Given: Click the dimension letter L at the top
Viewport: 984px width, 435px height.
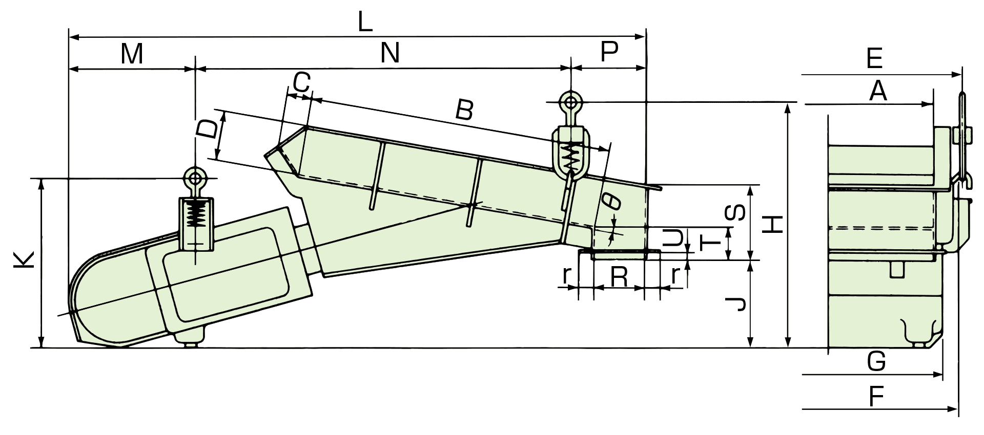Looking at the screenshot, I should click(364, 23).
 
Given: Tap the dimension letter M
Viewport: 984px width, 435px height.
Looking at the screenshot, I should click(132, 54).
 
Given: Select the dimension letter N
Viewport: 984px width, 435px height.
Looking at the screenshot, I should click(390, 53).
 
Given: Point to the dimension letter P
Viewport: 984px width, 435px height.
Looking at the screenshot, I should click(609, 52).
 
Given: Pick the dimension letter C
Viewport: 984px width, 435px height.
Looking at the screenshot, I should click(302, 82).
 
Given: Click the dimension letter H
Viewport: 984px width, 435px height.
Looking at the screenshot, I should click(772, 224).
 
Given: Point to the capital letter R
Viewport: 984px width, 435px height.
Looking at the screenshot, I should click(620, 277).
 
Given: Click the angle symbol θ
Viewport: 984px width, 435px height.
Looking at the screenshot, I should click(613, 201).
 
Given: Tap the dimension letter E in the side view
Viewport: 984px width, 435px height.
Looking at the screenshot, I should click(874, 58).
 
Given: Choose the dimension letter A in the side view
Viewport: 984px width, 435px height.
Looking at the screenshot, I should click(878, 92).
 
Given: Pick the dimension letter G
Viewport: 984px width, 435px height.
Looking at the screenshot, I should click(876, 362).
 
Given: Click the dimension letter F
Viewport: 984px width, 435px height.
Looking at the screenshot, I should click(876, 396).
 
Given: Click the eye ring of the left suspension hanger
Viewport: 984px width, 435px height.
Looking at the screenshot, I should click(195, 179).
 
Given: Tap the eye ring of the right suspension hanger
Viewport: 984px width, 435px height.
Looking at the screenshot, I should click(570, 101).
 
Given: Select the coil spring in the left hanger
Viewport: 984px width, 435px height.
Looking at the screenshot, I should click(195, 214).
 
